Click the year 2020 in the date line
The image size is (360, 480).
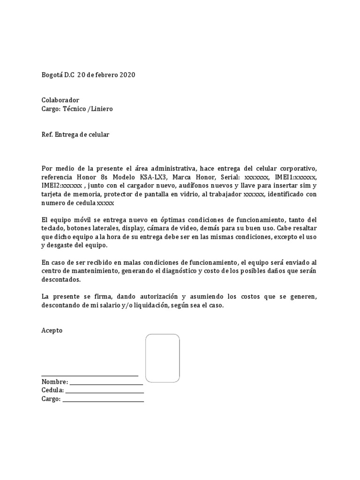(x=127, y=75)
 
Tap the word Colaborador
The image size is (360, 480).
(x=60, y=100)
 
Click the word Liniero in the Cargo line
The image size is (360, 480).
(x=102, y=109)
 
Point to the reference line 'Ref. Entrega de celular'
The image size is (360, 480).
(x=75, y=135)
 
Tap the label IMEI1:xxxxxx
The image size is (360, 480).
(x=298, y=177)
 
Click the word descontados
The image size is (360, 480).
(x=61, y=279)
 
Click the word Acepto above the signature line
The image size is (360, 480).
(x=52, y=330)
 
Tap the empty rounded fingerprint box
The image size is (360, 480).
(x=162, y=358)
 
